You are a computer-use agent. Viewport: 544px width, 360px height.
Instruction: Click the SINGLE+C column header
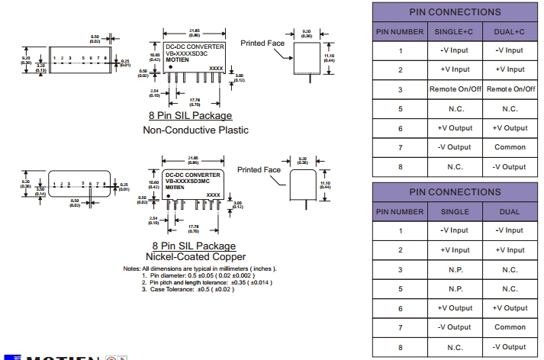pos(453,31)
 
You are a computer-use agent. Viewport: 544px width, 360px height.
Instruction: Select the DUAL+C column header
pos(510,31)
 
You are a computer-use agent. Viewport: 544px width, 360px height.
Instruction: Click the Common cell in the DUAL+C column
pos(510,147)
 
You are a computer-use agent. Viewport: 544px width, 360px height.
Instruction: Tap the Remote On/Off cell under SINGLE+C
pos(453,89)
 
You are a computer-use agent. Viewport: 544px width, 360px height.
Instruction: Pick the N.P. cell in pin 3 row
pos(453,269)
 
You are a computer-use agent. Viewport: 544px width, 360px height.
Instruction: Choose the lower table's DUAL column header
pos(510,211)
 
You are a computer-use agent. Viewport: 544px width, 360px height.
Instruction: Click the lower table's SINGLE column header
pos(453,211)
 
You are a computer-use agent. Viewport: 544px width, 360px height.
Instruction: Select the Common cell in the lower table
pos(510,327)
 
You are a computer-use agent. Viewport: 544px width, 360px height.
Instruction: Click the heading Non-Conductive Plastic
pos(195,130)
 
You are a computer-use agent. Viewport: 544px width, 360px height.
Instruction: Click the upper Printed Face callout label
pos(262,43)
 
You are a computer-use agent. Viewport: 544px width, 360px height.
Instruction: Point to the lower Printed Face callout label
pos(259,169)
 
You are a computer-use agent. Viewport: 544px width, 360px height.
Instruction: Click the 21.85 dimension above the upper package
pos(194,31)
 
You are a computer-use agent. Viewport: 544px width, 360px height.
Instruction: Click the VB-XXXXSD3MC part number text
pos(193,181)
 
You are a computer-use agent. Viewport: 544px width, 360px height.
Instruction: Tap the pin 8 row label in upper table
pos(399,166)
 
